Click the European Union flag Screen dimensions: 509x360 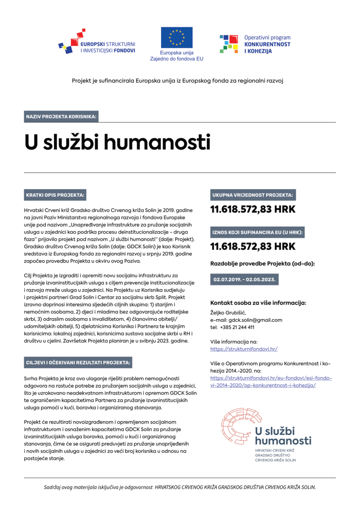[176, 37]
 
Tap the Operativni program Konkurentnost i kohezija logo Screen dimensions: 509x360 [255, 44]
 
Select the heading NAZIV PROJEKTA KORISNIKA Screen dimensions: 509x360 [61, 116]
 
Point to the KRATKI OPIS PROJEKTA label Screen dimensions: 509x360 [55, 196]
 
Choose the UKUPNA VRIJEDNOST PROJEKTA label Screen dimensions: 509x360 [253, 195]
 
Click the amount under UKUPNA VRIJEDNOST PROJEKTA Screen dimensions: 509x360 [253, 209]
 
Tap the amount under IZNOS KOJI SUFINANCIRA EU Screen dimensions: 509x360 [253, 246]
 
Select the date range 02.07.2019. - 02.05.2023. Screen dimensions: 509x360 [245, 280]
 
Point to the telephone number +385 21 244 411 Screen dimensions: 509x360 [238, 327]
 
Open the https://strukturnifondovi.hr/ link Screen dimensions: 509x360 [244, 349]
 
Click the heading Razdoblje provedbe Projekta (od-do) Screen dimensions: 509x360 [262, 264]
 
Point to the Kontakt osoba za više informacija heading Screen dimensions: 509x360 [258, 303]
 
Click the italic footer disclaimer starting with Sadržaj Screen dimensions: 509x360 [180, 487]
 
